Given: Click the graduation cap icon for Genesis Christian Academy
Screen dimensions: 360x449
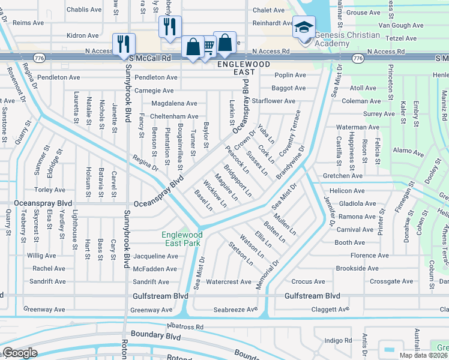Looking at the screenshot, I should click(x=304, y=28).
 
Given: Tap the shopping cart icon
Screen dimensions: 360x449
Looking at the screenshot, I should click(x=208, y=46).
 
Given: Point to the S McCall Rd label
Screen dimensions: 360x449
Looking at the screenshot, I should click(x=150, y=58).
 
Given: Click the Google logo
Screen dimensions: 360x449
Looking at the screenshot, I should click(x=19, y=353).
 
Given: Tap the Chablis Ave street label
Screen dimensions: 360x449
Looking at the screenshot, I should click(x=84, y=10).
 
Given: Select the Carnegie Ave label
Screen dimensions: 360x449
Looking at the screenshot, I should click(x=155, y=91).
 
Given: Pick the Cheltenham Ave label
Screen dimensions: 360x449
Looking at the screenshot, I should click(x=174, y=116).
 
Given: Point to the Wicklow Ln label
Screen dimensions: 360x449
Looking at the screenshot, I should click(x=214, y=193).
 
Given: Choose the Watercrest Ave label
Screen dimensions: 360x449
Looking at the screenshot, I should click(x=229, y=281).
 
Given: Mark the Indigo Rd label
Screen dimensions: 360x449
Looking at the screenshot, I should click(x=337, y=341).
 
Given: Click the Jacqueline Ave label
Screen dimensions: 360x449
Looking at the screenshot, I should click(x=155, y=256).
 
